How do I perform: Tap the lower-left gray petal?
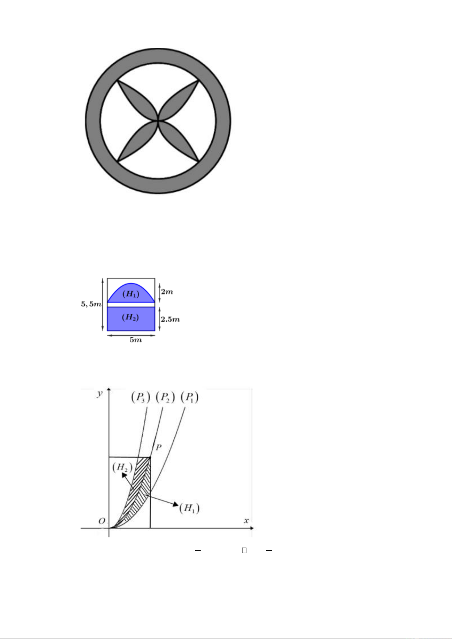[137, 141]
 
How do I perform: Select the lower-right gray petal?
[179, 141]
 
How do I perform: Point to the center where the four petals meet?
[158, 121]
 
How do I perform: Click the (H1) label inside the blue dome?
[131, 294]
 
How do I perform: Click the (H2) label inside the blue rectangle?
[130, 317]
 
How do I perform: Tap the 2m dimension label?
[167, 292]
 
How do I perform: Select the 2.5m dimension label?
[170, 319]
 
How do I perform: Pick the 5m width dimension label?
[136, 340]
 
